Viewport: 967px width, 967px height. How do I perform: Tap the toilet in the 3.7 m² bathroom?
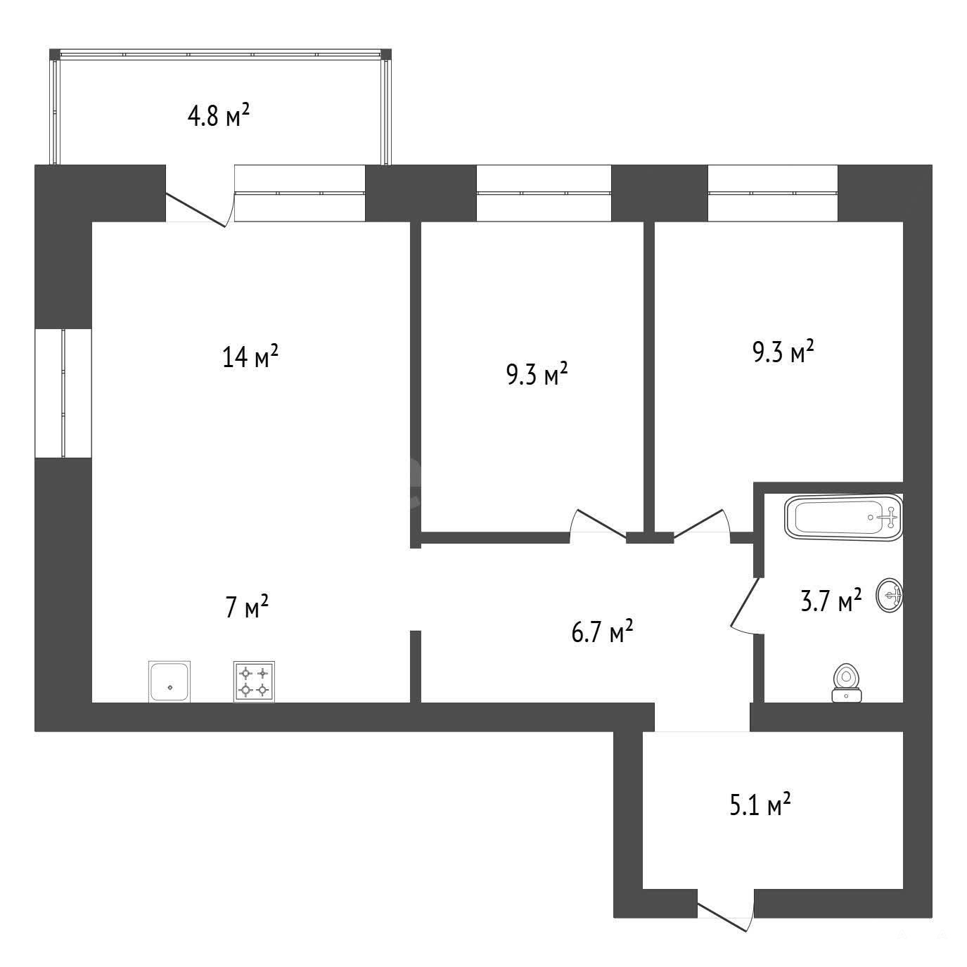[847, 682]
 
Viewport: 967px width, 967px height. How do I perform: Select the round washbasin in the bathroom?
[889, 595]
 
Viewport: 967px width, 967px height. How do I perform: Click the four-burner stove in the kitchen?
[254, 681]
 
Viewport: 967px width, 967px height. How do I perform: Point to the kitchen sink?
[169, 681]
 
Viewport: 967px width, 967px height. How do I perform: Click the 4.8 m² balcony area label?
[218, 115]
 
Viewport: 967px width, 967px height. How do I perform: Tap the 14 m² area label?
[250, 356]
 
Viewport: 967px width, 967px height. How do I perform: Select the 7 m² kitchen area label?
[247, 606]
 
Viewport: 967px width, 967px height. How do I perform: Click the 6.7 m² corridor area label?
[602, 632]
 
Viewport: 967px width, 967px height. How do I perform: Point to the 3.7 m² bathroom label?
[831, 601]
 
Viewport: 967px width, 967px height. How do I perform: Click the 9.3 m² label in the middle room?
[537, 374]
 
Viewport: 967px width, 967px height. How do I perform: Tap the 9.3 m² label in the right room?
[783, 351]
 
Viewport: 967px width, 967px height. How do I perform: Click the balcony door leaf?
[196, 210]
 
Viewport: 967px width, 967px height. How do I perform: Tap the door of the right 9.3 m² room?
[698, 525]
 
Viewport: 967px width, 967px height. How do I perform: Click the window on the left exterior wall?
[63, 393]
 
